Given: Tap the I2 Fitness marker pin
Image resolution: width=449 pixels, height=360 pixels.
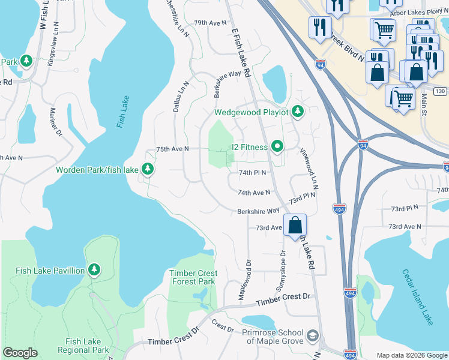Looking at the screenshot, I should (277, 146).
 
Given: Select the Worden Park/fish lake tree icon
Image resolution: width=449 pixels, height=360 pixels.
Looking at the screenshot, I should (147, 170).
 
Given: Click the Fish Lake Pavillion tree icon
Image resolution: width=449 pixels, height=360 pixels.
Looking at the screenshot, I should (94, 271).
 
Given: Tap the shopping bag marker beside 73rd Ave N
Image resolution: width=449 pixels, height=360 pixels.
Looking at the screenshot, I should (295, 226).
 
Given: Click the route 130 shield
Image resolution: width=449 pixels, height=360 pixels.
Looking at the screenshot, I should (441, 91).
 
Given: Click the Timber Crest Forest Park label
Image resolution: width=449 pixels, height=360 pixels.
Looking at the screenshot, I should (193, 277).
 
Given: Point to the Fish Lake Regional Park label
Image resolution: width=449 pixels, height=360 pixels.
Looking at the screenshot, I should (83, 346).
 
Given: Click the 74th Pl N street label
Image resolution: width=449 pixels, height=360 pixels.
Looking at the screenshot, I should (252, 172).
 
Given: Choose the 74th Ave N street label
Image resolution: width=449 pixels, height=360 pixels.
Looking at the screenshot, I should (253, 193).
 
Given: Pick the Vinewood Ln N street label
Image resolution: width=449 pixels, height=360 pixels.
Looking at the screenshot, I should (308, 169).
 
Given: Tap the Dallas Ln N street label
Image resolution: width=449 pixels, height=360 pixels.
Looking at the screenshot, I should (178, 95).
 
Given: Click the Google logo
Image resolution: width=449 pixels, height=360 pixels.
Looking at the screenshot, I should (20, 353).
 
